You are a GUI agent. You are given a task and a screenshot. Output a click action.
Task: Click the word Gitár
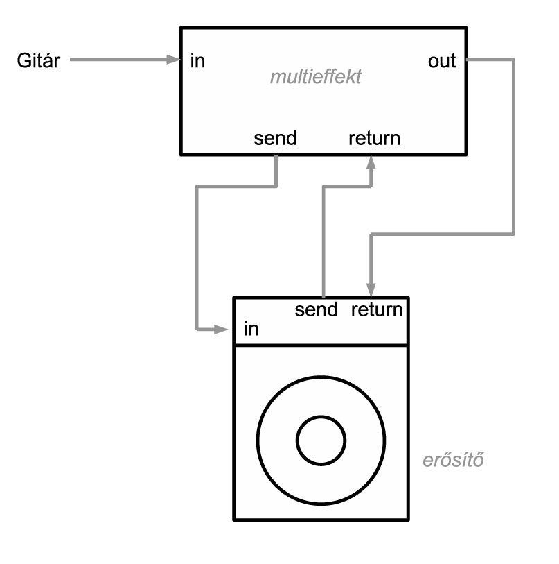[x=39, y=61]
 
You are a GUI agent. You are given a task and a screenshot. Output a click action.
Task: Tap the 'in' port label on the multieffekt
[x=197, y=61]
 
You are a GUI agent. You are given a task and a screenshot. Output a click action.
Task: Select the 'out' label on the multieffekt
[x=443, y=61]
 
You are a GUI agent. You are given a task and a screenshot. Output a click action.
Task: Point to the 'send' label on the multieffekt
[x=276, y=138]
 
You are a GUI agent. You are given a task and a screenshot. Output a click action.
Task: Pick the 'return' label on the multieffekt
[x=373, y=138]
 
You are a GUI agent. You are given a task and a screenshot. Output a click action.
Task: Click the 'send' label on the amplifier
[x=316, y=309]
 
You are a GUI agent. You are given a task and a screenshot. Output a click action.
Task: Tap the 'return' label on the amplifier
[x=377, y=309]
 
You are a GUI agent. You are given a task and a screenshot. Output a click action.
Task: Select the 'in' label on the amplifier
[x=251, y=329]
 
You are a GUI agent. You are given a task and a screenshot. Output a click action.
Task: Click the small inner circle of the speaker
[x=321, y=440]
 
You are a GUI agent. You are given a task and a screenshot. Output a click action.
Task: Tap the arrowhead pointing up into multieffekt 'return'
[x=372, y=161]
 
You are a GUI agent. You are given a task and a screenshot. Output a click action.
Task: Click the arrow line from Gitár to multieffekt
[x=118, y=60]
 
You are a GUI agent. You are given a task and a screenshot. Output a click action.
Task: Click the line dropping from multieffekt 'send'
[x=198, y=257]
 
